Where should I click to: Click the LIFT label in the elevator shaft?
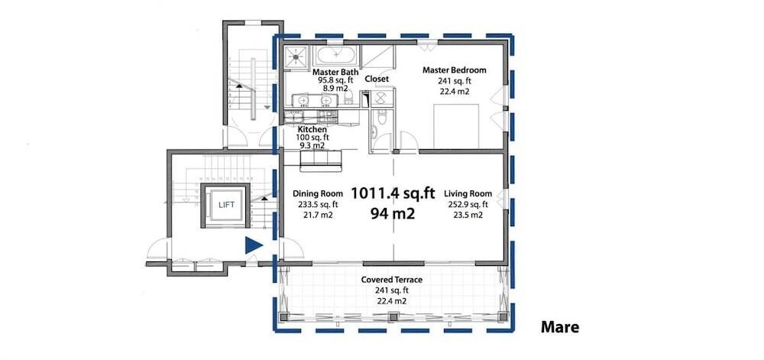pos(227,206)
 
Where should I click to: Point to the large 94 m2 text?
pos(393,214)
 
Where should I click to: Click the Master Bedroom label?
pos(455,70)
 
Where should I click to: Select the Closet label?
pos(377,79)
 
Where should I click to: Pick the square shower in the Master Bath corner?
pos(297,56)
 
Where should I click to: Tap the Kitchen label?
pos(312,129)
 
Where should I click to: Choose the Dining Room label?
pos(318,194)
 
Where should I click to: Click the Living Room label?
pos(469,194)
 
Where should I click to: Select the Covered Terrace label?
pos(390,280)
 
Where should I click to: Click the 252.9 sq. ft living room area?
pos(468,205)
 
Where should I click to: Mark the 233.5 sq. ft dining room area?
pos(318,205)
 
